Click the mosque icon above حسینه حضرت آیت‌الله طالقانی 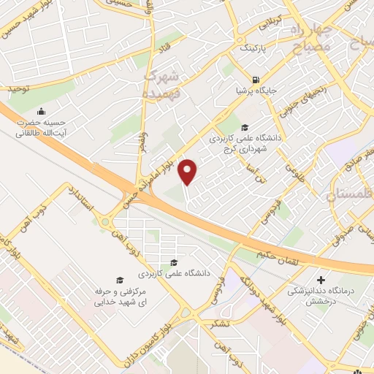point(40,111)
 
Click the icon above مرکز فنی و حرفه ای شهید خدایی point(120,280)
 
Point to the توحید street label point(21,88)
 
